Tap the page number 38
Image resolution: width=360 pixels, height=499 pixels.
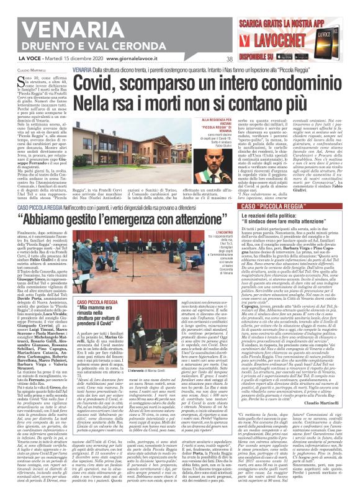pos(229,60)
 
